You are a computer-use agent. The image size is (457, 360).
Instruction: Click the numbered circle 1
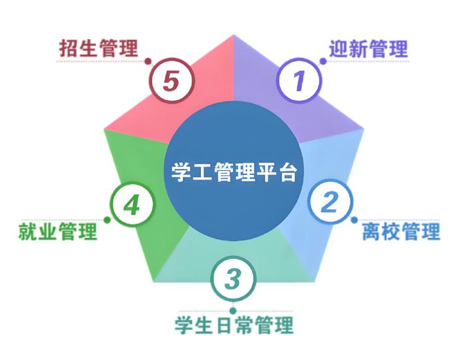299,80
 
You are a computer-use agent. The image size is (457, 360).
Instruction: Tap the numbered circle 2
330,202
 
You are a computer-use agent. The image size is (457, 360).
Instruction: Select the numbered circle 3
234,278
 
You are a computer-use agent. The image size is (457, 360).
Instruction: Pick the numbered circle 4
133,205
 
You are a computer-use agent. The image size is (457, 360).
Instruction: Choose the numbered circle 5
172,80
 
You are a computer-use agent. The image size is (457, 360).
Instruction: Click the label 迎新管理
368,49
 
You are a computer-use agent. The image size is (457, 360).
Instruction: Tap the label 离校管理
401,231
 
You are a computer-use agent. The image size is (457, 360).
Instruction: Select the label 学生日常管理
234,325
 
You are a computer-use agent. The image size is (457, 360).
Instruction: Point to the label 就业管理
57,231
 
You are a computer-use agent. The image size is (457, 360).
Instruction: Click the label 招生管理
99,48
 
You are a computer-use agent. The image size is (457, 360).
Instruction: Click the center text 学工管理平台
234,172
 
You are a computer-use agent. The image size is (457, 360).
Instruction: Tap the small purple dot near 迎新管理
323,61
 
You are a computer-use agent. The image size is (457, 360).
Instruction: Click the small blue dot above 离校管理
354,220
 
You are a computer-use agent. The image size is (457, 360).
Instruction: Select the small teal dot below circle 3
233,311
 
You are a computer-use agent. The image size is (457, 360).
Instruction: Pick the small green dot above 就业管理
107,220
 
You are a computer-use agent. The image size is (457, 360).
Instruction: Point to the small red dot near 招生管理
148,61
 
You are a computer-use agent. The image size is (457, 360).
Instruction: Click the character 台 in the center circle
288,172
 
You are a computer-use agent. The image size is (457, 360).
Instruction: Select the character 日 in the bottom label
224,325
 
